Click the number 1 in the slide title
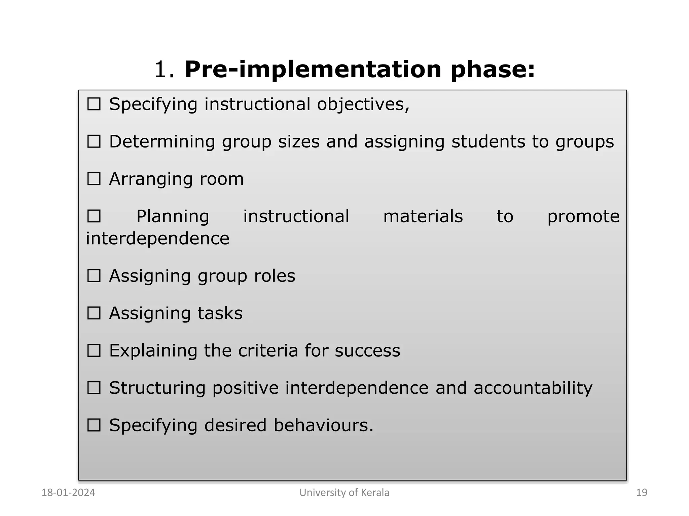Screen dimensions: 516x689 coord(161,70)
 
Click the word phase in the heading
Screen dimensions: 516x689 coord(493,70)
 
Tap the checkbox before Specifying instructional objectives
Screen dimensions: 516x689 coord(94,104)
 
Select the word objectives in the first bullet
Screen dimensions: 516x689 coord(363,104)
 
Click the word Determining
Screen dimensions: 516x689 coord(162,141)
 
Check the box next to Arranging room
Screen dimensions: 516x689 coord(94,179)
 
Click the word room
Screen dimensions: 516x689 coord(221,179)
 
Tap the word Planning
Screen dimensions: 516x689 coord(173,216)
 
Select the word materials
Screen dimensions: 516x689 coord(423,216)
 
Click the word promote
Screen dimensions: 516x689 coord(583,216)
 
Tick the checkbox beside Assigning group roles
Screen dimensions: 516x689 coord(94,276)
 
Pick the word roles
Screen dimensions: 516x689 coord(275,276)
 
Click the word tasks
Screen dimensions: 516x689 coord(220,313)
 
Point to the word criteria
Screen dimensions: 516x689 coord(268,351)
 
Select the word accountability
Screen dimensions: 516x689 coord(533,388)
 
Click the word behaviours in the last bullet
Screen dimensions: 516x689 coord(323,425)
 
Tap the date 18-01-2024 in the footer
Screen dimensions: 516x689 coord(68,492)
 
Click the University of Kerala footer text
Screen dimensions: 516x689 coord(344,492)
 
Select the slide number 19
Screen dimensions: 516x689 coord(642,492)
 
